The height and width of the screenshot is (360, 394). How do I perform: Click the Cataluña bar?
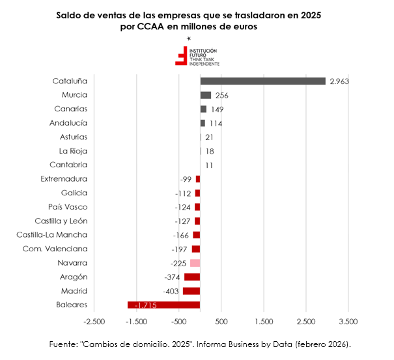(x=262, y=81)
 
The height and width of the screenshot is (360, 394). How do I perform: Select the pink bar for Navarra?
(x=195, y=263)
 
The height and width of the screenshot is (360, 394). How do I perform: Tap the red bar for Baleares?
(x=163, y=305)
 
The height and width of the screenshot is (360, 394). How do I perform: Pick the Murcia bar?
(x=206, y=95)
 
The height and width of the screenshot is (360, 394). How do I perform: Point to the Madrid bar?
(x=191, y=291)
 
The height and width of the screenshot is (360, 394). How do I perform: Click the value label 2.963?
(x=341, y=81)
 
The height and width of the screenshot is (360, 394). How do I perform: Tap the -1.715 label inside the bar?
(x=145, y=305)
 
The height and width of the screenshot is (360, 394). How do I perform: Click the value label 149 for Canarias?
(x=217, y=109)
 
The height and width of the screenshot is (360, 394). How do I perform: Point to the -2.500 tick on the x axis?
(x=94, y=322)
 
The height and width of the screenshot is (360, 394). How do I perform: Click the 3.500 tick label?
(x=348, y=322)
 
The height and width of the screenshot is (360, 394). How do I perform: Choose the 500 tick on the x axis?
(x=221, y=322)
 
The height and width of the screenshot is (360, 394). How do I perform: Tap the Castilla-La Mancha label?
(x=52, y=235)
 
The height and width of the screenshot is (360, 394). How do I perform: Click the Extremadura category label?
(x=64, y=179)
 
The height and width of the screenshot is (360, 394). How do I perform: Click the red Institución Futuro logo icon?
(x=180, y=56)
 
